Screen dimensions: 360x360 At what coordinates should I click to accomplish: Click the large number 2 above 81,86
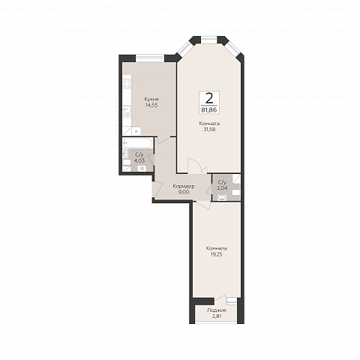(209, 99)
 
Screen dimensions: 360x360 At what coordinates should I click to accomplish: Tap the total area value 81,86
(209, 109)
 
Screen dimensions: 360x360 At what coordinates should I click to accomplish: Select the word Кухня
(151, 99)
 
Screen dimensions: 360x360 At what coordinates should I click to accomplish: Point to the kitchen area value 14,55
(151, 105)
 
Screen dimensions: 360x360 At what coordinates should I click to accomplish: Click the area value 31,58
(209, 130)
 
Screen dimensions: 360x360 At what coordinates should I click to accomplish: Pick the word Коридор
(184, 186)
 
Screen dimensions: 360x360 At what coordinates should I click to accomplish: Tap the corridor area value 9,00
(184, 192)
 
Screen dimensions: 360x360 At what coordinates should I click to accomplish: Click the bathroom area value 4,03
(139, 160)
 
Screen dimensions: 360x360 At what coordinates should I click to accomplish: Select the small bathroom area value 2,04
(222, 187)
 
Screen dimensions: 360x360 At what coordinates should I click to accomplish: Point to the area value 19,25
(217, 254)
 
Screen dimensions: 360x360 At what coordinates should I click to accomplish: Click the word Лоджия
(217, 310)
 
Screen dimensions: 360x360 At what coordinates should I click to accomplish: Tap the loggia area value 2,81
(217, 316)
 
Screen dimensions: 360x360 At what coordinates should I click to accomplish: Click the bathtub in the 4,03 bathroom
(138, 143)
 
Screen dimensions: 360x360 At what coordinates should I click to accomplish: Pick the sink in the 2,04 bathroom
(222, 198)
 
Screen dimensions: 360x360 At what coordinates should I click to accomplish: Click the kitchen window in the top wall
(150, 58)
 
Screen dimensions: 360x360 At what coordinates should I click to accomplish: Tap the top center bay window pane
(209, 39)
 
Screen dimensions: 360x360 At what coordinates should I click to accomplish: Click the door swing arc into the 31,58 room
(196, 163)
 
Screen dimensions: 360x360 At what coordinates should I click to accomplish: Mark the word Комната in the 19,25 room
(217, 248)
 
